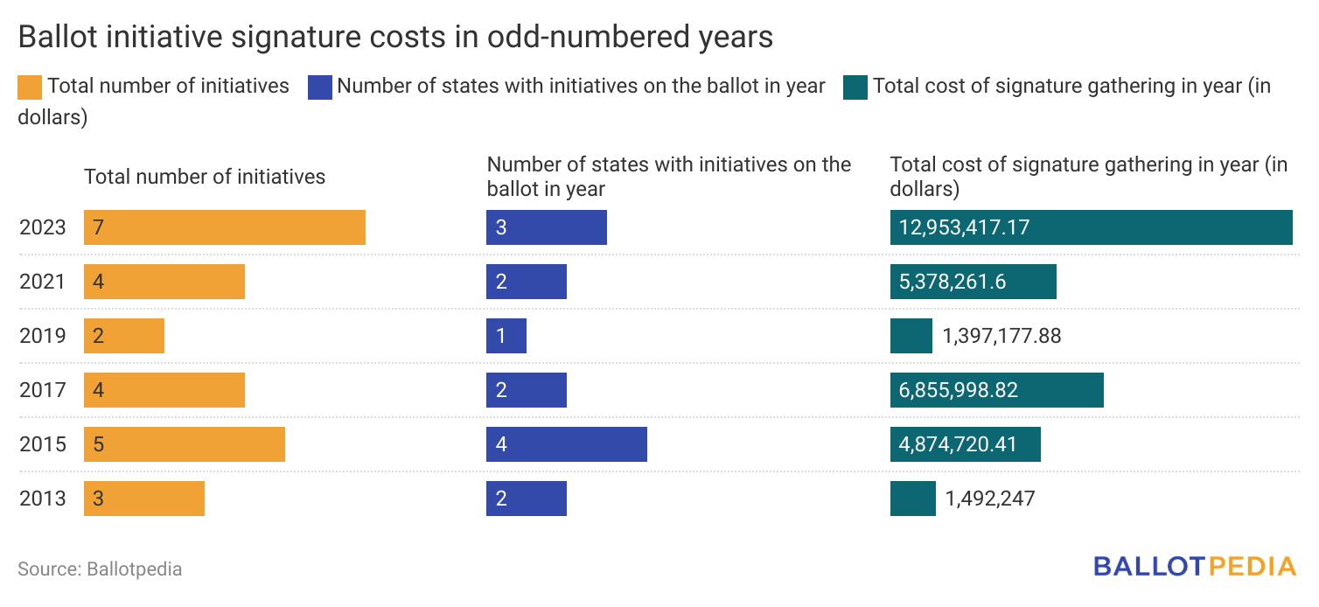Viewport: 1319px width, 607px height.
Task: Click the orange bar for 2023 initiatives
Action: click(225, 227)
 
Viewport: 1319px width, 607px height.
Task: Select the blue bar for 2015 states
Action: click(567, 444)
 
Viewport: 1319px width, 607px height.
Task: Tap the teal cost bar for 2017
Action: click(996, 390)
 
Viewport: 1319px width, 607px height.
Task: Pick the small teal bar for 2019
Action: click(911, 336)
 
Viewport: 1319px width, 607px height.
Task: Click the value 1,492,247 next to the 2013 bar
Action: click(990, 499)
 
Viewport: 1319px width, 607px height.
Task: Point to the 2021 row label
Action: click(42, 282)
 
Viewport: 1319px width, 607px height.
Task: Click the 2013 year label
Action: click(42, 499)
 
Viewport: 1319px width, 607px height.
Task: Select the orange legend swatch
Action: click(29, 87)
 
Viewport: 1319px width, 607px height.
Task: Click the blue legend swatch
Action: click(320, 87)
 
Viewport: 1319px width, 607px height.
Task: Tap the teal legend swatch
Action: click(855, 87)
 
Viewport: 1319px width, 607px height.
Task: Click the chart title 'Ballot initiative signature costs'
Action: click(395, 37)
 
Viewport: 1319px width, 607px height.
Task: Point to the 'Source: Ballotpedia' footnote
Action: click(100, 569)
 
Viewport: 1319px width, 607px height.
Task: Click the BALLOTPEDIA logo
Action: click(1194, 567)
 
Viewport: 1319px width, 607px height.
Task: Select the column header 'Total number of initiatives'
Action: click(205, 177)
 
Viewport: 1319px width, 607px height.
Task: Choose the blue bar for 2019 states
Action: click(506, 336)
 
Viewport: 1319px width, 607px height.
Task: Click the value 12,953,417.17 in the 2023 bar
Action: click(964, 227)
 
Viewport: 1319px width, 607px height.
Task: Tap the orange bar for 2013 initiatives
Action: click(144, 499)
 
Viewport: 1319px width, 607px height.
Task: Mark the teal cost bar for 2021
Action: click(973, 282)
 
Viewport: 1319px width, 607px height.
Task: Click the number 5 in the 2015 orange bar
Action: click(99, 444)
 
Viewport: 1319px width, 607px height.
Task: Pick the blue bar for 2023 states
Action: click(547, 227)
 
